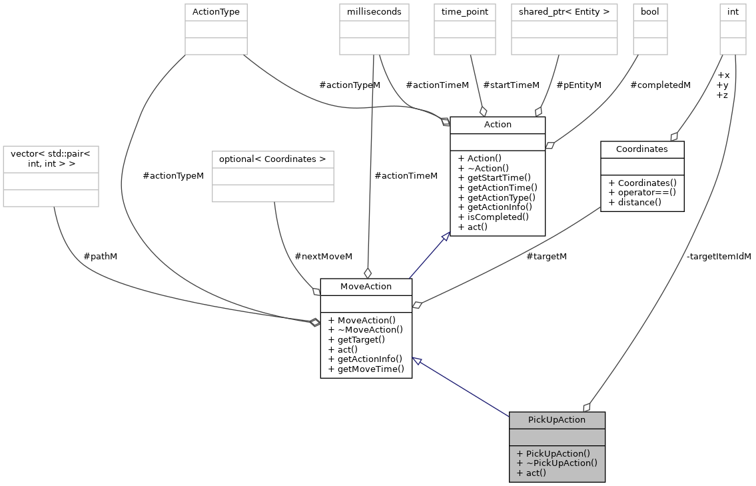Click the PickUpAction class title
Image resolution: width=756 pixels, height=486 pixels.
click(556, 419)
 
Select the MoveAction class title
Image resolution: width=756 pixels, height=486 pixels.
click(366, 287)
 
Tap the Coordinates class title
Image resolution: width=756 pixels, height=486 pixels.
click(641, 149)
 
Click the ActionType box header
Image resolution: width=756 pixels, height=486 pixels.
click(216, 11)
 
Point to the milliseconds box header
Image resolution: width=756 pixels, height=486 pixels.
click(374, 11)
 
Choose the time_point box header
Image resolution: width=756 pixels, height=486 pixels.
click(464, 11)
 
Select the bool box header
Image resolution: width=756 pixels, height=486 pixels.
click(649, 11)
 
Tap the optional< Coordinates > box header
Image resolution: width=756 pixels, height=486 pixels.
click(272, 159)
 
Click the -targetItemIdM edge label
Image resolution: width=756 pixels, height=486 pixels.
click(718, 256)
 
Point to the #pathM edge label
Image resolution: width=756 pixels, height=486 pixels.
click(101, 256)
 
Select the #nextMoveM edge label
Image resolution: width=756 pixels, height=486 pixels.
click(323, 256)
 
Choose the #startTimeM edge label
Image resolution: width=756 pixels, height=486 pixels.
click(511, 85)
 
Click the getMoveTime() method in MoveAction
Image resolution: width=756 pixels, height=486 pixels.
click(366, 369)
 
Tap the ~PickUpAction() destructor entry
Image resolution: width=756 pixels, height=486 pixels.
click(556, 463)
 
